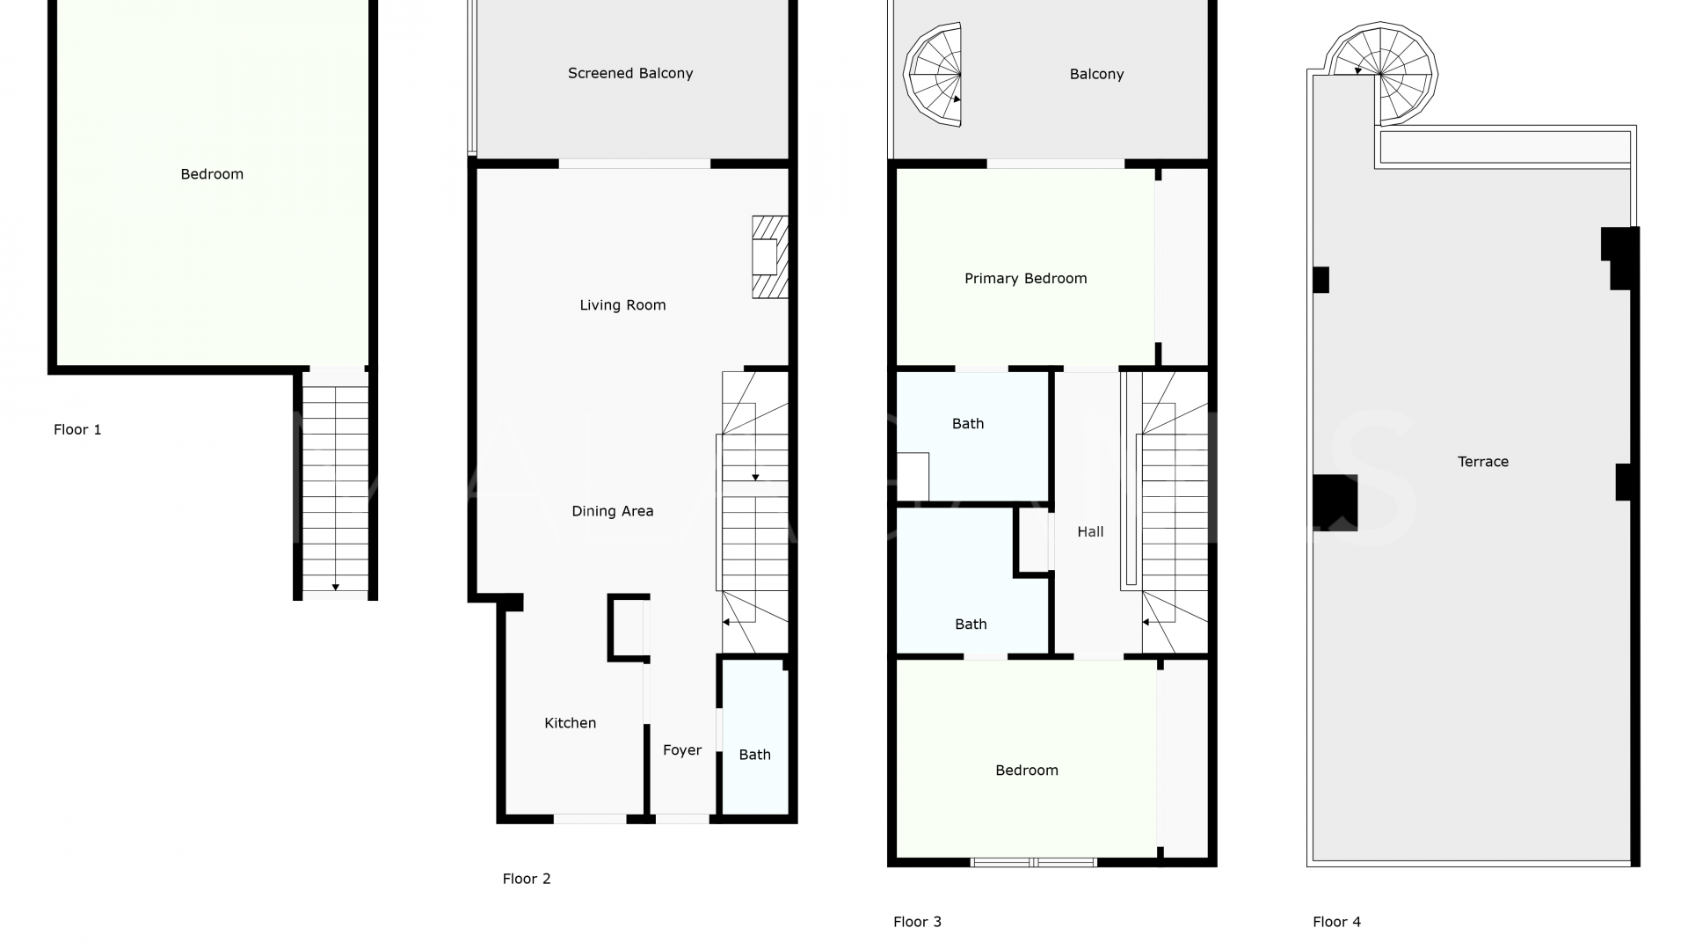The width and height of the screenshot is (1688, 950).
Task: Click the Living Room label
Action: (622, 305)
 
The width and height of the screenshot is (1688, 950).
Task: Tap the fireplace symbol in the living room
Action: (768, 257)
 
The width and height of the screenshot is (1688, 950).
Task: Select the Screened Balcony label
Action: (630, 74)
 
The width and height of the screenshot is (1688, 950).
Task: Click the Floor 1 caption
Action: (77, 430)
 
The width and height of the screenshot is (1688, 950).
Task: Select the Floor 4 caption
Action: (1336, 922)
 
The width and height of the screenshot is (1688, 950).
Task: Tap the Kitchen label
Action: (570, 723)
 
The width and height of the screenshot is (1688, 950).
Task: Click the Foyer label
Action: (682, 750)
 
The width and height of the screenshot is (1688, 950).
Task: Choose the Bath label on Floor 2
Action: (754, 755)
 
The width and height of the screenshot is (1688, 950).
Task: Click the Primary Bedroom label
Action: (1025, 279)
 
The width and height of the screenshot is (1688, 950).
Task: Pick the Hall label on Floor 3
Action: (1090, 532)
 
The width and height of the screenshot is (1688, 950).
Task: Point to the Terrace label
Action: (1482, 462)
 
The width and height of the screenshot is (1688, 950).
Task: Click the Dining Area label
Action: (612, 511)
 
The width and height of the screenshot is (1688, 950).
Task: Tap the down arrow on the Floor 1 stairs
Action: (335, 587)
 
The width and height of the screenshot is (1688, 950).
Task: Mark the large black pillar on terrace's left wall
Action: (1335, 502)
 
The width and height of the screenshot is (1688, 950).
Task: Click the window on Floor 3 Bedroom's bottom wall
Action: (1033, 863)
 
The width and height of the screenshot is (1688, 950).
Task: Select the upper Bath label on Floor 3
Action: (967, 424)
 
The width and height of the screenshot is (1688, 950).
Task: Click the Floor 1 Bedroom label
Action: (212, 174)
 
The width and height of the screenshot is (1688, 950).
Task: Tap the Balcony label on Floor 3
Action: (1096, 75)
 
